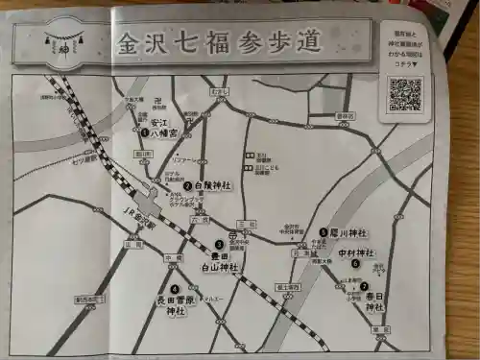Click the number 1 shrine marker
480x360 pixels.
coord(144,132)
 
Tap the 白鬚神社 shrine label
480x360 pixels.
coord(213,184)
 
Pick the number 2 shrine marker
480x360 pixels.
coord(188,185)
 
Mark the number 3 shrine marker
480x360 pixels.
coord(220,244)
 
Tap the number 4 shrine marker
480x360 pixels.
coord(174,288)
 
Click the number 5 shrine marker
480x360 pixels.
coord(323,231)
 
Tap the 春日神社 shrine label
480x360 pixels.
coord(375,300)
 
